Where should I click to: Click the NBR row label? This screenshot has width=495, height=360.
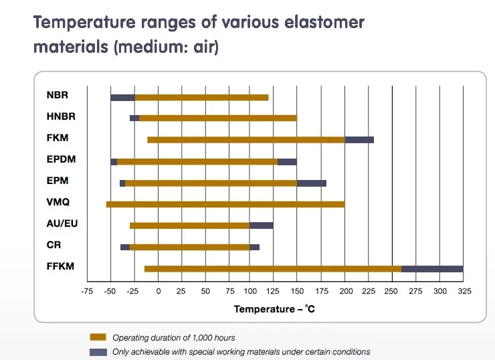(x=58, y=95)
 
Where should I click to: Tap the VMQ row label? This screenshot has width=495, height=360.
(x=58, y=202)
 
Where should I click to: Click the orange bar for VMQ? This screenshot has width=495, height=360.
(x=225, y=203)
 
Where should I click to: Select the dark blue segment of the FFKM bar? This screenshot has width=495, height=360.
(x=432, y=269)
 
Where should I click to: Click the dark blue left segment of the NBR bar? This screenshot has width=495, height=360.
(x=122, y=98)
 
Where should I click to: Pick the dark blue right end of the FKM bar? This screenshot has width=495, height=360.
(x=359, y=140)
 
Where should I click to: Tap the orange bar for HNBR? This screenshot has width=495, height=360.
(x=217, y=118)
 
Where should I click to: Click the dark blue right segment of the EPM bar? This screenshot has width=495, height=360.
(x=312, y=183)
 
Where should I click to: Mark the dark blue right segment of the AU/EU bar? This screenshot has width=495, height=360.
(x=261, y=226)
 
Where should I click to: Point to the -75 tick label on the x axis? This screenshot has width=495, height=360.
(x=87, y=291)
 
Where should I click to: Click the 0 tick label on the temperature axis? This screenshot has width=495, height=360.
(x=159, y=291)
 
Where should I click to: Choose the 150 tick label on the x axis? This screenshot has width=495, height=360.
(x=297, y=291)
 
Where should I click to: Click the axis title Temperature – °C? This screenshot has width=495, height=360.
(x=274, y=309)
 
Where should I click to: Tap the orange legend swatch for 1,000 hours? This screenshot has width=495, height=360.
(x=98, y=337)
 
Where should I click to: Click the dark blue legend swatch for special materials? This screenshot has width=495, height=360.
(x=98, y=351)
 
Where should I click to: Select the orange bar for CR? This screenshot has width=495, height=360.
(x=189, y=247)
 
